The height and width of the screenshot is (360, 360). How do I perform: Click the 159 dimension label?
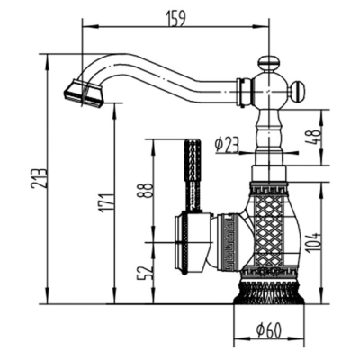[175, 18]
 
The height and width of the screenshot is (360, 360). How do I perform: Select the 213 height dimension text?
[39, 178]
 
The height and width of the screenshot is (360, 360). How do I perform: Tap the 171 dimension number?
[105, 203]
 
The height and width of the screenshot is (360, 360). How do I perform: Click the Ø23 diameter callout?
[227, 146]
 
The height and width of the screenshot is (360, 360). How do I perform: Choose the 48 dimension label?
[314, 138]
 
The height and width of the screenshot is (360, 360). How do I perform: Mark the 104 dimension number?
[314, 242]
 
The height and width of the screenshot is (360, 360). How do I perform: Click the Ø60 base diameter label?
[269, 330]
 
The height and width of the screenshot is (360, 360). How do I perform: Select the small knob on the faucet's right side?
[299, 90]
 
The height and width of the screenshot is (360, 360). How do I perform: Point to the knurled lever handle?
[193, 175]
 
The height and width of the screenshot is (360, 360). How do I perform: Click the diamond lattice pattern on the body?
[269, 231]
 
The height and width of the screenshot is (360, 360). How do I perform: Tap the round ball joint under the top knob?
[269, 91]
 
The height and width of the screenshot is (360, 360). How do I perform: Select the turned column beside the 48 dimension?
[269, 137]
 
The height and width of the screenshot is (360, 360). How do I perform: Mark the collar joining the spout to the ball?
[243, 92]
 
